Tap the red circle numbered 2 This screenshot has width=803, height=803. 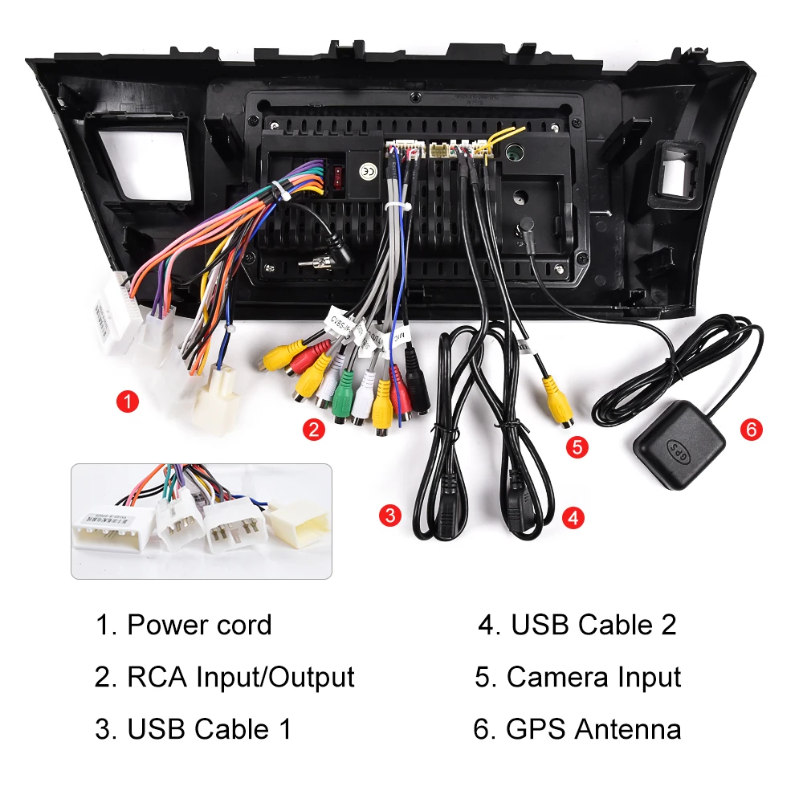tap(313, 430)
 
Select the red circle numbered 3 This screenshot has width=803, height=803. tap(389, 515)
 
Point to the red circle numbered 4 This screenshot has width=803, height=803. tap(572, 518)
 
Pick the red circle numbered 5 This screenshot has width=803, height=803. tap(577, 446)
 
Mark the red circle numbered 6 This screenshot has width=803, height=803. tap(751, 429)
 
